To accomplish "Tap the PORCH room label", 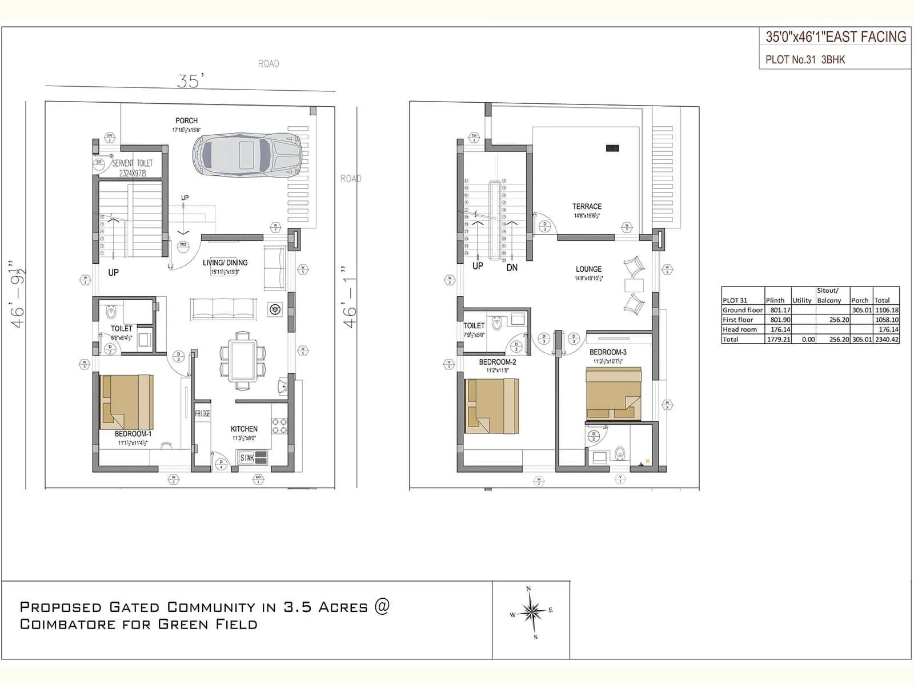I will (186, 121).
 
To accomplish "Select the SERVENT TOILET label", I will (132, 163).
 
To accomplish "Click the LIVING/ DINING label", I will (225, 263).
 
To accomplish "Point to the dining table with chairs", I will (243, 361).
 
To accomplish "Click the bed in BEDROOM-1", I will (126, 402).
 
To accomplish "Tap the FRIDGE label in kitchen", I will (202, 413).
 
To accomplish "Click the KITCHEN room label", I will (244, 429).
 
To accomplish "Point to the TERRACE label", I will (587, 207).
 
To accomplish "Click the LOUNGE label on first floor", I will (588, 269).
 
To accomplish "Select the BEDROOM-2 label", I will (497, 362).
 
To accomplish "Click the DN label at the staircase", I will (512, 267).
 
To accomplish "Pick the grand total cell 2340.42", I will (886, 339).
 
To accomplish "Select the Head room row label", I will (740, 329).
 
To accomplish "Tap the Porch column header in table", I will (859, 300).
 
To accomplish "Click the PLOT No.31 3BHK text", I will (805, 59).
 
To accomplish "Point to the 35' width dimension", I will (190, 81).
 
